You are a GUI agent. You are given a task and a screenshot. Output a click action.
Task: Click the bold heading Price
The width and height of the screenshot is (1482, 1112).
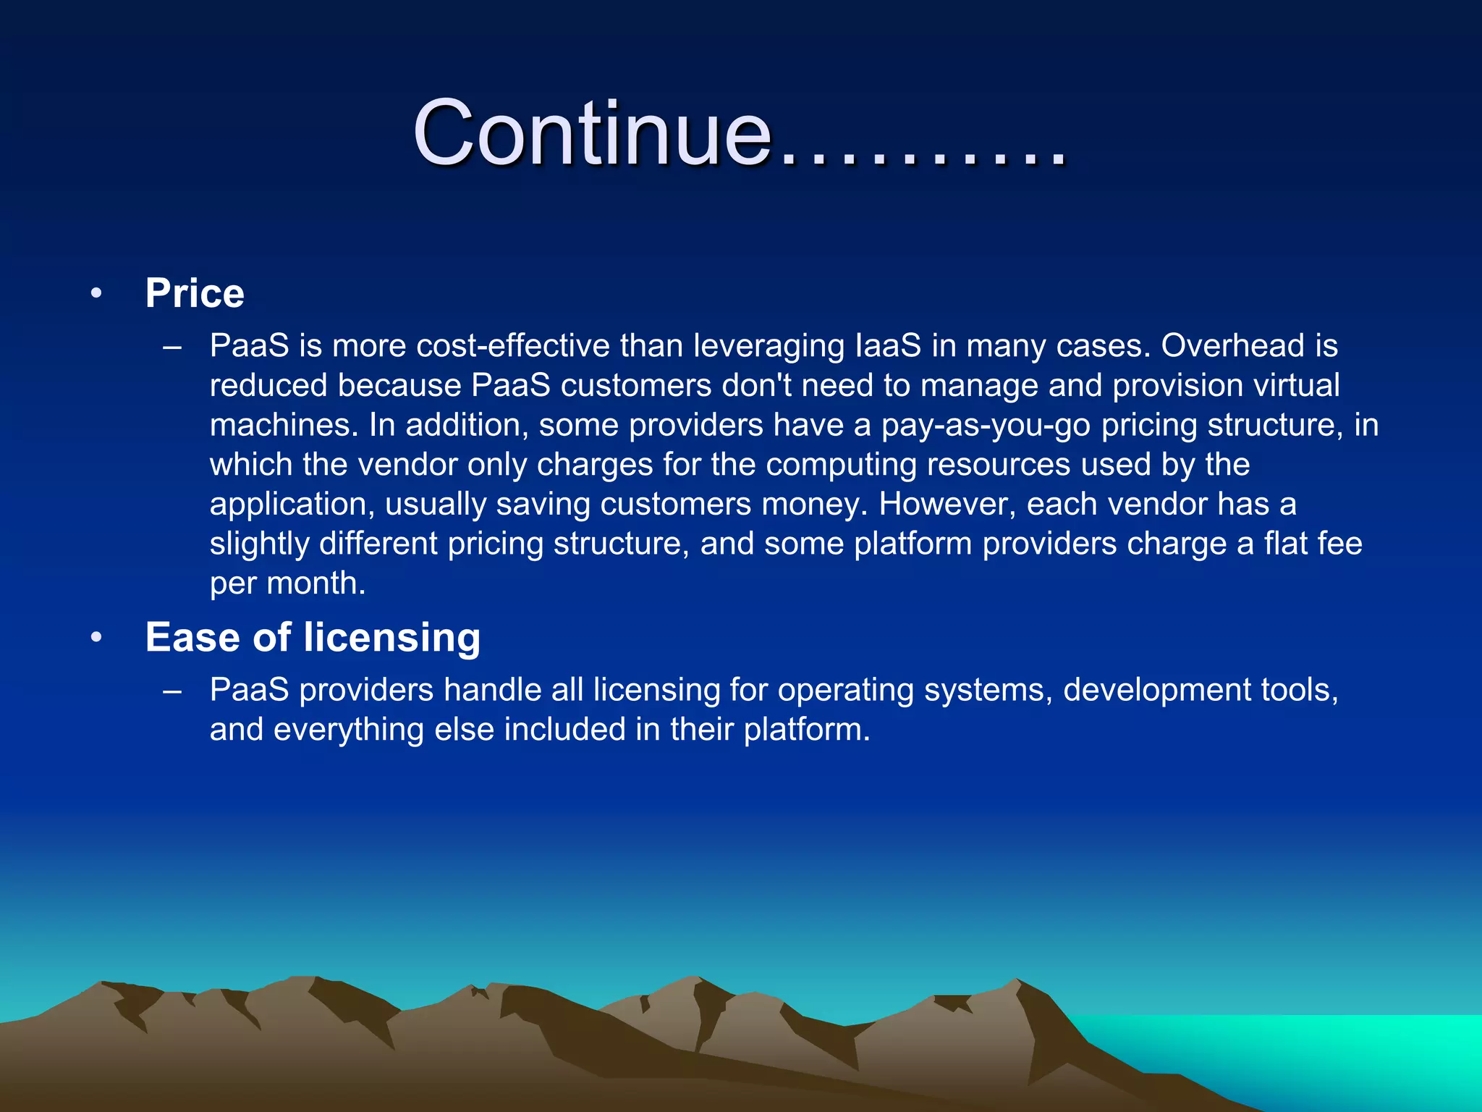coord(195,293)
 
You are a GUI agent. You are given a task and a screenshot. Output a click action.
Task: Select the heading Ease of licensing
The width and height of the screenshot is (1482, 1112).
coord(313,637)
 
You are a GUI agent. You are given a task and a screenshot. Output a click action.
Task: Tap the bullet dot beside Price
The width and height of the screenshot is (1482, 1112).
coord(96,294)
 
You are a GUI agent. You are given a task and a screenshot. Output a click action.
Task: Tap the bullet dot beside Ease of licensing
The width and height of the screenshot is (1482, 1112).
coord(96,638)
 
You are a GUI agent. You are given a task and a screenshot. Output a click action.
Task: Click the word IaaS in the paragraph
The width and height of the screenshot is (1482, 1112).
coord(888,345)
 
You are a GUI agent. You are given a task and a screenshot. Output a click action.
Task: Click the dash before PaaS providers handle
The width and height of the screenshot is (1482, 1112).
coord(172,691)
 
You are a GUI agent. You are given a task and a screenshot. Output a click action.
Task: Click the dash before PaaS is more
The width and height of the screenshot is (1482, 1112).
coord(172,347)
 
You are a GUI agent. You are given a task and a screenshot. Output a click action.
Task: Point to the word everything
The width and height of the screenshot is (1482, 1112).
coord(348,729)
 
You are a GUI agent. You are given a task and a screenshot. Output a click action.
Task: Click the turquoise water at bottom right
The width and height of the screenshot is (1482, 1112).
coord(1339,1050)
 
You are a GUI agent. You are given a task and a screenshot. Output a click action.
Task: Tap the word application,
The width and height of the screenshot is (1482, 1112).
coord(292,505)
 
